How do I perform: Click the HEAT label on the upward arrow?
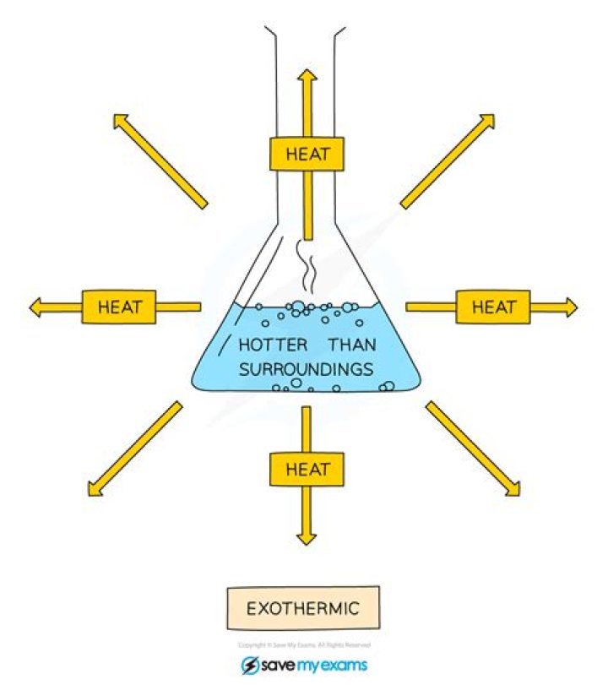pyautogui.click(x=307, y=155)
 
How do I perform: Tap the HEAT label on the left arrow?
pyautogui.click(x=119, y=307)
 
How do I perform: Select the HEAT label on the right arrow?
pyautogui.click(x=493, y=307)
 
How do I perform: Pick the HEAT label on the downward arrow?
pyautogui.click(x=307, y=469)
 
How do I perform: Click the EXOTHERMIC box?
pyautogui.click(x=303, y=607)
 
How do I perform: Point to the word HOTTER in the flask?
pyautogui.click(x=272, y=346)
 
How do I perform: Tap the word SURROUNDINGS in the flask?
pyautogui.click(x=306, y=369)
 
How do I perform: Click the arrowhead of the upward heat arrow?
pyautogui.click(x=307, y=77)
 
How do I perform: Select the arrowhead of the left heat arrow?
pyautogui.click(x=35, y=307)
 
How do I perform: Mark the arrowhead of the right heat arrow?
pyautogui.click(x=570, y=307)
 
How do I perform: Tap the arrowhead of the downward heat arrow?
pyautogui.click(x=307, y=536)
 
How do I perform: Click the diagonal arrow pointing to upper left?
pyautogui.click(x=160, y=160)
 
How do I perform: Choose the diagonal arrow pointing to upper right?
pyautogui.click(x=448, y=160)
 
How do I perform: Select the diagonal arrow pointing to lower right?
pyautogui.click(x=473, y=448)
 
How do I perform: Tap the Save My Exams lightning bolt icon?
pyautogui.click(x=250, y=665)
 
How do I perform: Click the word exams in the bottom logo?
pyautogui.click(x=342, y=665)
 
